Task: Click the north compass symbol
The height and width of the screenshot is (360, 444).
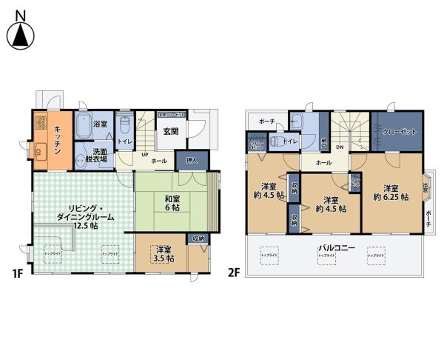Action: pos(21,30)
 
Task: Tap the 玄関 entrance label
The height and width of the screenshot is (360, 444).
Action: pos(169,133)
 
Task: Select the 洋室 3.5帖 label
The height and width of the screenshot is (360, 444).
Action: pos(161,255)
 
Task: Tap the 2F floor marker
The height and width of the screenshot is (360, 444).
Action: pos(233,273)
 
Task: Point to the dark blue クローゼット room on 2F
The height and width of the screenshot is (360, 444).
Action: pos(398,131)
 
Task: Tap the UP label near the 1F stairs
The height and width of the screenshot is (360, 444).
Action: pos(145,153)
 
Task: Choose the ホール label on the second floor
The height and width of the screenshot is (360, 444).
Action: pos(323,162)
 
